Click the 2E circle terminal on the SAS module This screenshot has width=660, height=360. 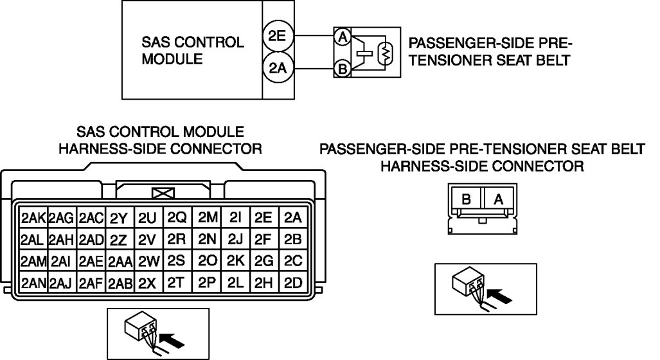click(x=278, y=37)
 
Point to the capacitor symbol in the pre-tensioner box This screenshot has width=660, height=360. click(x=364, y=53)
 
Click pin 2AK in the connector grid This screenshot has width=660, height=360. click(x=33, y=217)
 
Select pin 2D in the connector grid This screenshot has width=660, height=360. click(x=293, y=282)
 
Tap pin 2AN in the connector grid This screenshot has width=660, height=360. click(x=33, y=282)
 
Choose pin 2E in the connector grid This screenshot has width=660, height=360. click(x=263, y=217)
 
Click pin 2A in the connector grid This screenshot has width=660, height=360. click(x=293, y=217)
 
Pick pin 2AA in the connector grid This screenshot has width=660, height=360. click(x=120, y=261)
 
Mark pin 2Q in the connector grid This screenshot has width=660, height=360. click(x=177, y=217)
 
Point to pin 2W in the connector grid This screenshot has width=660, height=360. click(x=148, y=261)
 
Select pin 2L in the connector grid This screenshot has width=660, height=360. click(x=235, y=282)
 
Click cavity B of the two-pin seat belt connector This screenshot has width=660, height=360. click(x=467, y=200)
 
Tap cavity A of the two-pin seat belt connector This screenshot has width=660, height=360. click(x=498, y=200)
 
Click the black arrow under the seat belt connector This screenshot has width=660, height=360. click(x=502, y=296)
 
